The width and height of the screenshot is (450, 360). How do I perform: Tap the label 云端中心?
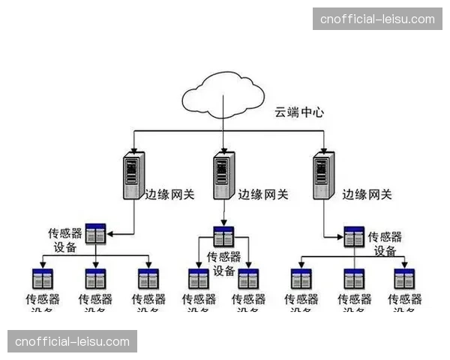(298, 113)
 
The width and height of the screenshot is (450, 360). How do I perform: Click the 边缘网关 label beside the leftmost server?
(169, 193)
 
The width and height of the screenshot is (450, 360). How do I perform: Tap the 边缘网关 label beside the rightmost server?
(367, 193)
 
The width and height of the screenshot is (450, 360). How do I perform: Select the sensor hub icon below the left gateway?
(95, 234)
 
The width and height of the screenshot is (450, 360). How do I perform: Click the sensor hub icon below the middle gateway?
(223, 237)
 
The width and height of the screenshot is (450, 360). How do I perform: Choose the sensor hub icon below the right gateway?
(354, 237)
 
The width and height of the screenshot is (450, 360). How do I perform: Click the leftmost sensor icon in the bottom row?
(42, 279)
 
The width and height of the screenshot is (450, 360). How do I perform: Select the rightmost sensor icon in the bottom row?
(405, 279)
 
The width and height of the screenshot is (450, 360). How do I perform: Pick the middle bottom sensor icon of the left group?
(95, 279)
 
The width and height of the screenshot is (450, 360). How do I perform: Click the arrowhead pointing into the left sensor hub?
(109, 234)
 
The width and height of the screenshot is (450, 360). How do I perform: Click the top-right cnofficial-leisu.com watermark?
(377, 19)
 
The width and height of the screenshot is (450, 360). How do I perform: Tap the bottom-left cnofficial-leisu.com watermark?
(72, 341)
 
